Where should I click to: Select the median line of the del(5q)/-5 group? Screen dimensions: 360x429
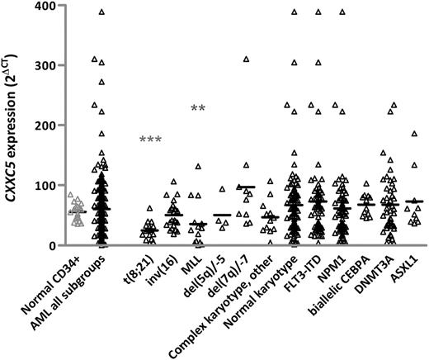(221, 216)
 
